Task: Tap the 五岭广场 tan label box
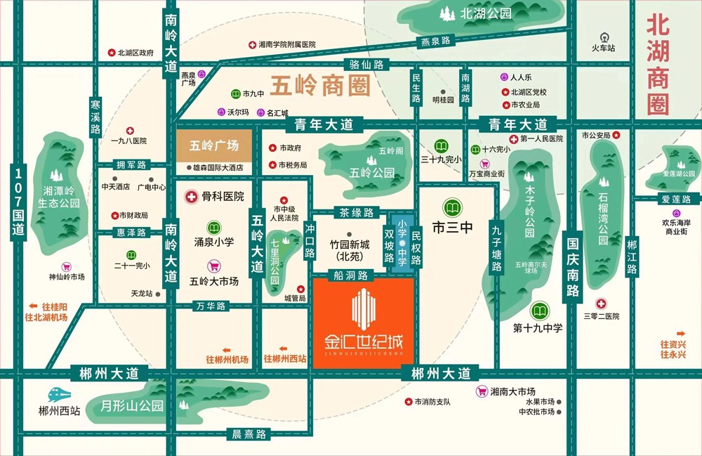[214, 146]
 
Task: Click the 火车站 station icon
[602, 37]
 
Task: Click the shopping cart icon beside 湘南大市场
[482, 391]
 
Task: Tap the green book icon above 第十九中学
[539, 310]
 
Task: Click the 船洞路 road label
[352, 275]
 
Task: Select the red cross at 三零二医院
[601, 304]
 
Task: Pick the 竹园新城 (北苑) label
[348, 250]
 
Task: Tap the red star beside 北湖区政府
[110, 53]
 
